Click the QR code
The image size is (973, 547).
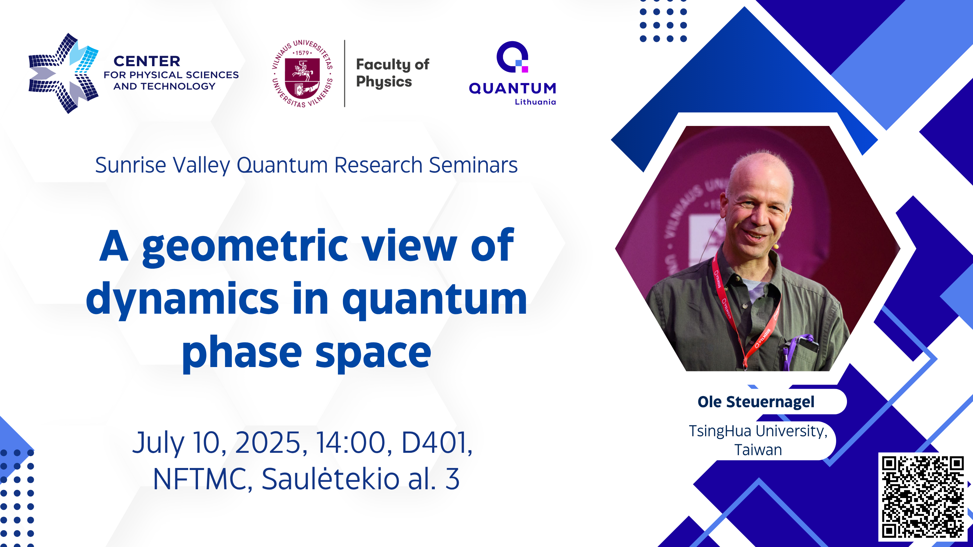point(923,497)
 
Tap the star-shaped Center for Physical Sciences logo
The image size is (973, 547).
point(64,73)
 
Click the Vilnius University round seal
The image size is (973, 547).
point(303,73)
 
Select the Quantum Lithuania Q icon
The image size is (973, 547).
point(512,57)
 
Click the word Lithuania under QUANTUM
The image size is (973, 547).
point(535,102)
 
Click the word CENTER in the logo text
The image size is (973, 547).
point(147,61)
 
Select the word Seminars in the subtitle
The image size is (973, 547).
point(473,165)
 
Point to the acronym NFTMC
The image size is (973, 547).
point(202,479)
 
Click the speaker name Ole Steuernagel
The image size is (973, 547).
point(756,402)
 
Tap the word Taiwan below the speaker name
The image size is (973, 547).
point(758,450)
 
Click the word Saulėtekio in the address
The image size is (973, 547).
point(330,479)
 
